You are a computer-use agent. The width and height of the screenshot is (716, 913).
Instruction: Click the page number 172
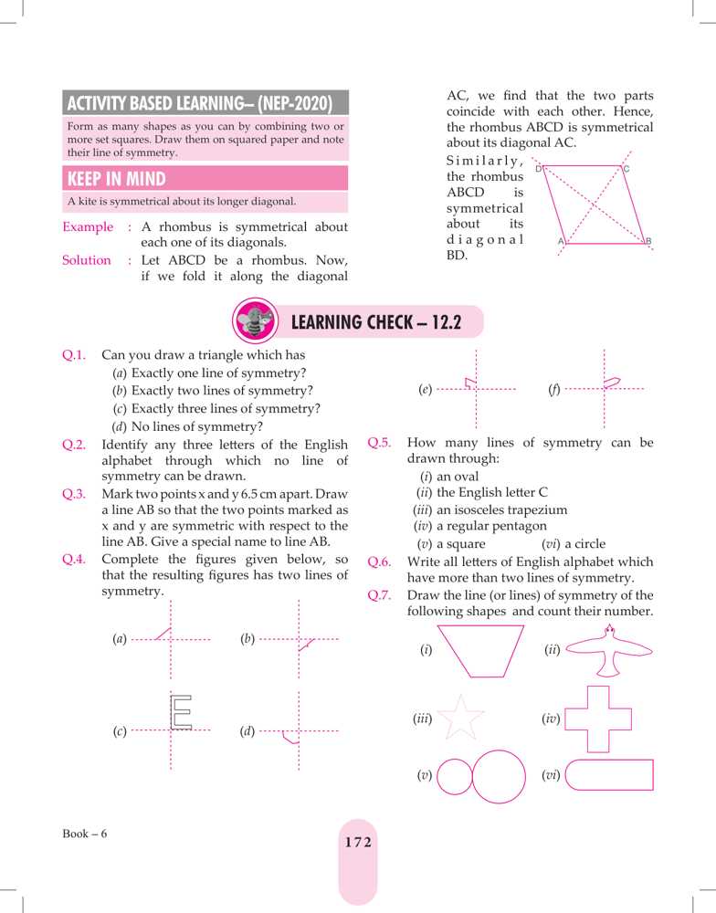358,843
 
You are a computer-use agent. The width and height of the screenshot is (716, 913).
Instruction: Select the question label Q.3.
74,494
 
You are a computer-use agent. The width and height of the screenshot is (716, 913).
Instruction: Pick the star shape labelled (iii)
462,719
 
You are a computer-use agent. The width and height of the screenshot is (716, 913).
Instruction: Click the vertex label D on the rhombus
539,169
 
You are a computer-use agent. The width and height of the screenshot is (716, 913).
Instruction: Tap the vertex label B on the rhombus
648,241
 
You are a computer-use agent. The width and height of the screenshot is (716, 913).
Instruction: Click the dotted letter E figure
182,712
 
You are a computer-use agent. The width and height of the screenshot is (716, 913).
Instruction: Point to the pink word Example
88,226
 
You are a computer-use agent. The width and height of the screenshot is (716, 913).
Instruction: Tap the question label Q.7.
379,595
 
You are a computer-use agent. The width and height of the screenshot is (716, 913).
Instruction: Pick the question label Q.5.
379,443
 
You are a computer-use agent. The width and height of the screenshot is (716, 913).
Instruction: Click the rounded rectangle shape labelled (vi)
609,774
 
